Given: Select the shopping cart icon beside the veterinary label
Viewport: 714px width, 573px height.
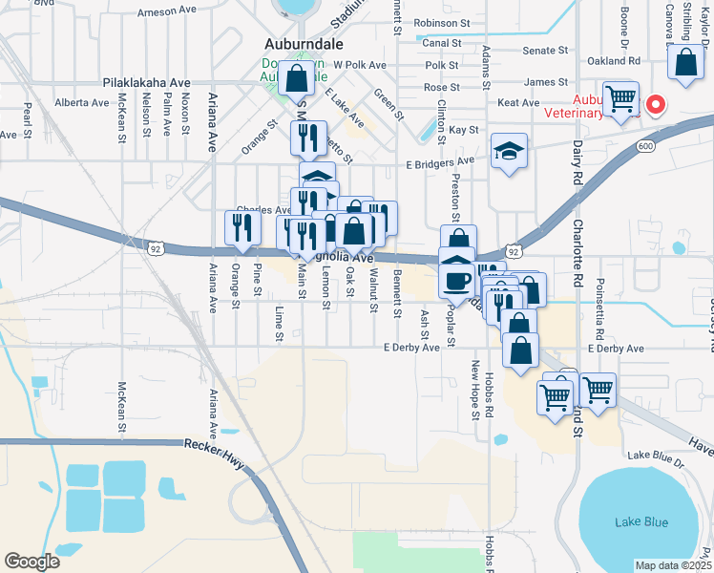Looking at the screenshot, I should (620, 99).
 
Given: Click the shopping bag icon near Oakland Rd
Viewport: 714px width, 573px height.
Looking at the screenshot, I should (685, 64).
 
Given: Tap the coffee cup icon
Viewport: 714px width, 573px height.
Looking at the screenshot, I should (457, 282).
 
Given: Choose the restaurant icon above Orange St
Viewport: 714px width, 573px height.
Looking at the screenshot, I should (242, 228).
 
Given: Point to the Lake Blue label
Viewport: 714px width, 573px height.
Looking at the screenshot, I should (641, 521).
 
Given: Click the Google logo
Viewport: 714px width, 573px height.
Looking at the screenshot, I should (31, 562).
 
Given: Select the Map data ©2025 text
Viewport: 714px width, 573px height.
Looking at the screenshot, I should (672, 565).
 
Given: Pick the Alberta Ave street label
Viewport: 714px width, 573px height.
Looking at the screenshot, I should (81, 101).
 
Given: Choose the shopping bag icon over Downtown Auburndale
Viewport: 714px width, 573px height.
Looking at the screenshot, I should (296, 75).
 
